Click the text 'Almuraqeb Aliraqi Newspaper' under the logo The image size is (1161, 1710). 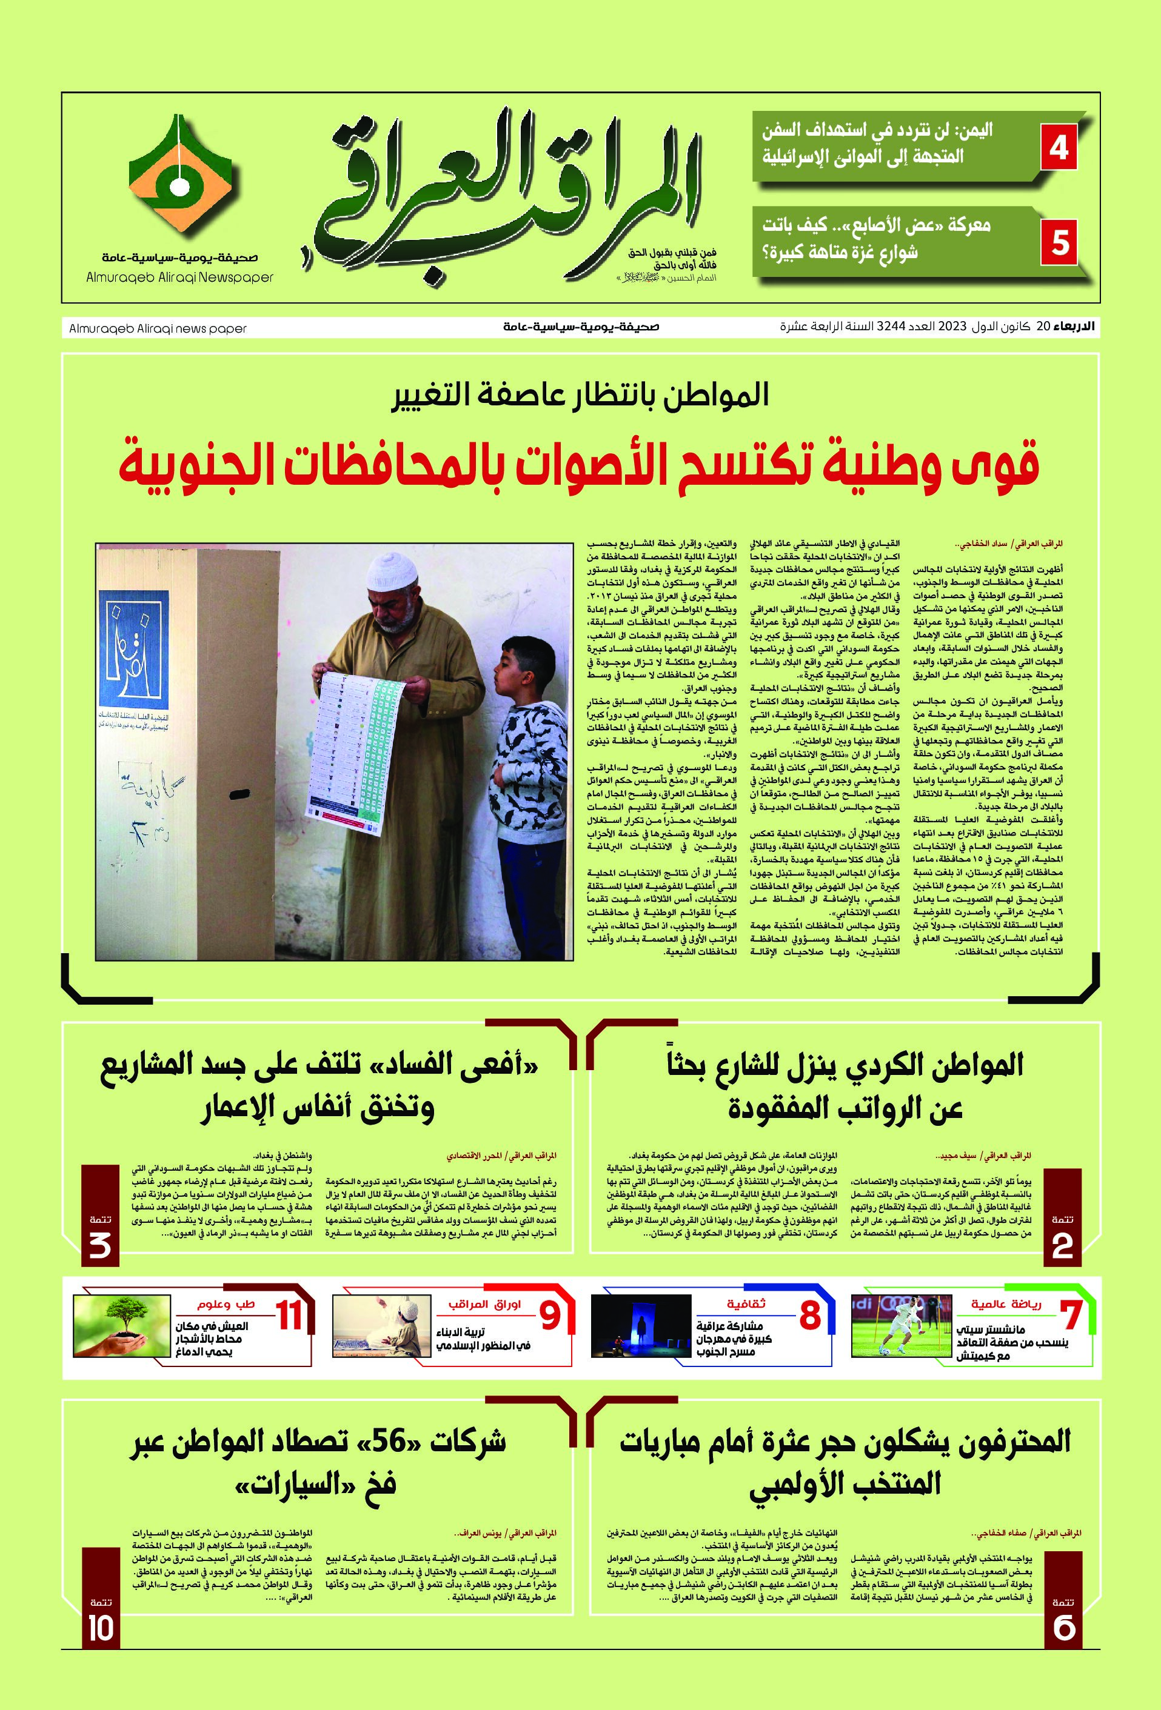pos(179,278)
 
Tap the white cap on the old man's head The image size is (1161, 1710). pos(392,566)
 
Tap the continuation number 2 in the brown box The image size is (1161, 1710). pos(1062,1245)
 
